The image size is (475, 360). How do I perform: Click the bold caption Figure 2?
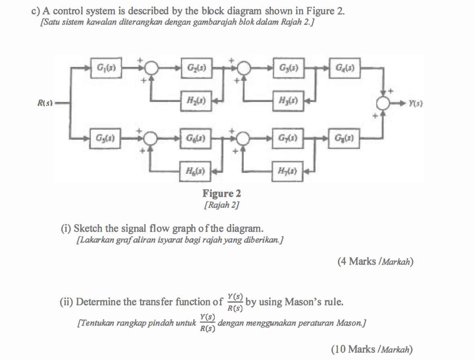222,194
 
